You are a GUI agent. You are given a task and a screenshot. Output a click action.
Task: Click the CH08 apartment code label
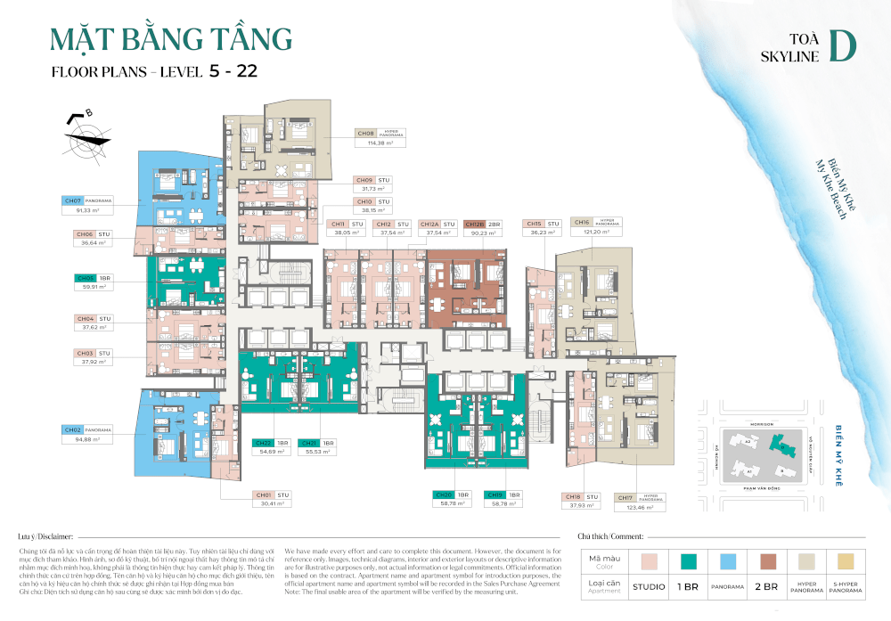[x=365, y=133]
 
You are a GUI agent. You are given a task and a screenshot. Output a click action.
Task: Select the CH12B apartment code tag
[x=474, y=225]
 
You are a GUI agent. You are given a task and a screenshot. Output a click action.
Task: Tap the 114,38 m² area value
[x=380, y=143]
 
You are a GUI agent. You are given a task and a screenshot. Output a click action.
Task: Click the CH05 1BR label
[x=95, y=278]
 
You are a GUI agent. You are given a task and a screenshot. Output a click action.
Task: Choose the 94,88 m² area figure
[x=87, y=439]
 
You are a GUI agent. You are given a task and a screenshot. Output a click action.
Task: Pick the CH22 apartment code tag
[x=263, y=443]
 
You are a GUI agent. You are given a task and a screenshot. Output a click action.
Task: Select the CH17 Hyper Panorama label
[x=639, y=497]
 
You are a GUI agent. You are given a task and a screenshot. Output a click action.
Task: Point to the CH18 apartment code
[x=572, y=496]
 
